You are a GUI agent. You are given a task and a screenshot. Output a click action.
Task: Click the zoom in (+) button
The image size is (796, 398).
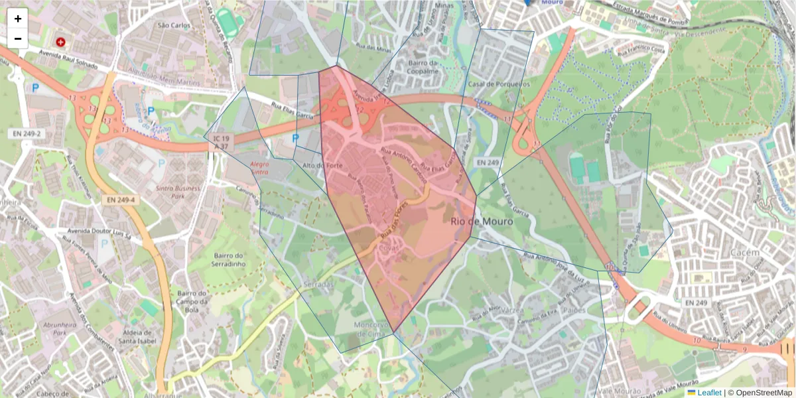18,19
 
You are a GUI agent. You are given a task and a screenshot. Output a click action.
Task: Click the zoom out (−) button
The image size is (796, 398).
18,38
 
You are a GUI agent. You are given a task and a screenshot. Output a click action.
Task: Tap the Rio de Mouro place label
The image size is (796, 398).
482,222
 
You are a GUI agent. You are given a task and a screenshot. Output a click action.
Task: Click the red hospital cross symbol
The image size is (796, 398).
61,42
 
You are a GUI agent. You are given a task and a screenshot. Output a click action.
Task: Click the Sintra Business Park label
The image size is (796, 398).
177,192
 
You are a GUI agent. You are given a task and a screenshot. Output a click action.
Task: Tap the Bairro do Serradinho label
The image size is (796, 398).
231,259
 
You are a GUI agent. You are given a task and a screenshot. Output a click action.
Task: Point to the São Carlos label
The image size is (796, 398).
174,25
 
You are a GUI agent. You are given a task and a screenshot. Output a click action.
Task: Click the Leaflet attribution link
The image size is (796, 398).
708,393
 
